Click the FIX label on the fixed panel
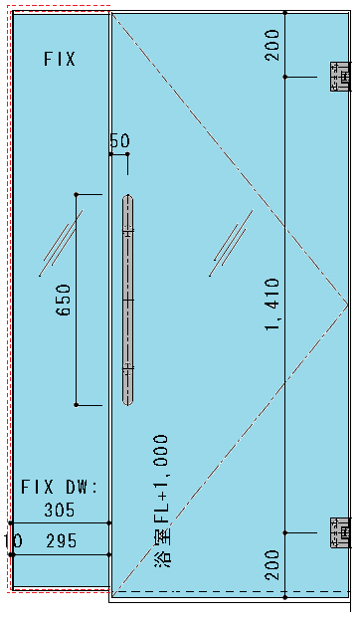tap(60, 60)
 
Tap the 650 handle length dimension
tap(64, 300)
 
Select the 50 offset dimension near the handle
tap(119, 140)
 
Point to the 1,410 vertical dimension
tap(272, 305)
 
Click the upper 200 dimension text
tap(272, 45)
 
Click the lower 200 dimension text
tap(272, 565)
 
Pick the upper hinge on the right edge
tap(340, 77)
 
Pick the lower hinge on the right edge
tap(340, 532)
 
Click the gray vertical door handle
tap(127, 300)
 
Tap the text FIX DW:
tap(60, 488)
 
